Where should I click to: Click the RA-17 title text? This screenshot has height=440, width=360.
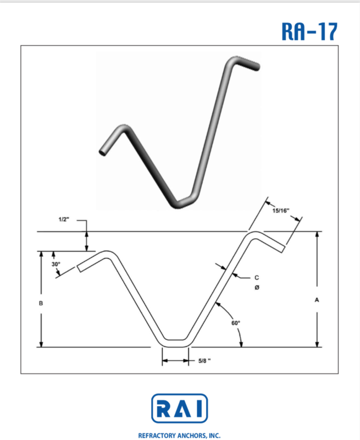point(309,31)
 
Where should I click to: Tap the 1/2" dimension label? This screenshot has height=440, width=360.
point(64,219)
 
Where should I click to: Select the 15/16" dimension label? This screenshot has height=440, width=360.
point(281,211)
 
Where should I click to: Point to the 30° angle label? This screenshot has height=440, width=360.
point(56,264)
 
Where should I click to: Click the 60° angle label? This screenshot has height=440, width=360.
point(236,323)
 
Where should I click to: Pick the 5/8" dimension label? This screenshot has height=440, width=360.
point(204,361)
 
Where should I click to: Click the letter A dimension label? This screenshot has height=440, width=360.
point(317,300)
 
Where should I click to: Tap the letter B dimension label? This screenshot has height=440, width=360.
point(41,304)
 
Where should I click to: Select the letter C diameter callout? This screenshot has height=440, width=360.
point(257,278)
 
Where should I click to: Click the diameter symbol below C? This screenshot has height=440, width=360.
point(257,288)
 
